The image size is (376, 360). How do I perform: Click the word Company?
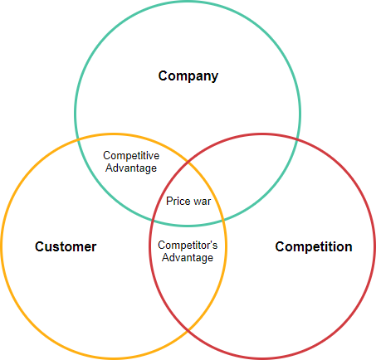(x=188, y=76)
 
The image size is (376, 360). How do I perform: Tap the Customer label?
(x=66, y=246)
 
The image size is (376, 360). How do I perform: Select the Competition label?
(x=313, y=246)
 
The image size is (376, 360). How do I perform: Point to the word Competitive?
(x=131, y=155)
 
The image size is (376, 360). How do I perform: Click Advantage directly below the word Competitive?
(x=131, y=168)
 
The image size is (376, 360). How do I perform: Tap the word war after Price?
(x=201, y=201)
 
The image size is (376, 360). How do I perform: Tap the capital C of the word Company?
(x=164, y=76)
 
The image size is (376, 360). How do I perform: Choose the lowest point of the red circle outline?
(x=262, y=358)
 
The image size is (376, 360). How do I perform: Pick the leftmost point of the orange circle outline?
(x=2, y=246)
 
